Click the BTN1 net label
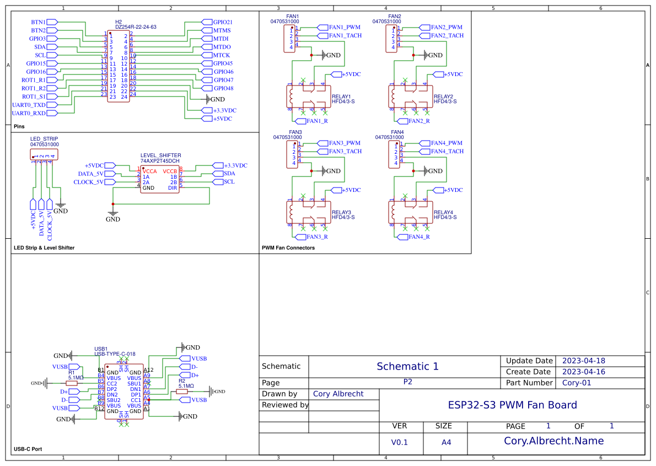(39, 22)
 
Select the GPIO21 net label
(223, 22)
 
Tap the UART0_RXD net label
(29, 113)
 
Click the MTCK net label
(222, 55)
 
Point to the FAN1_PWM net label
(345, 27)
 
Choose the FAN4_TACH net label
(447, 151)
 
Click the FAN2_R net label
(420, 121)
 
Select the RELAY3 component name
(341, 212)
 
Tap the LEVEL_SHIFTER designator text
(160, 156)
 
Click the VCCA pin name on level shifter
(149, 171)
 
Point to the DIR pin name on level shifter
(173, 188)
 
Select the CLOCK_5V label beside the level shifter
(88, 182)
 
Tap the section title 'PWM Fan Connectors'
(288, 248)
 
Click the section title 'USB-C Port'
(28, 449)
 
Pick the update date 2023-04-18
(583, 361)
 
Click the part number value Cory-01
(576, 383)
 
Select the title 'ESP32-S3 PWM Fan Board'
(512, 405)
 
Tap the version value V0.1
(399, 442)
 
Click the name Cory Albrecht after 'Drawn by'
(337, 394)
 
